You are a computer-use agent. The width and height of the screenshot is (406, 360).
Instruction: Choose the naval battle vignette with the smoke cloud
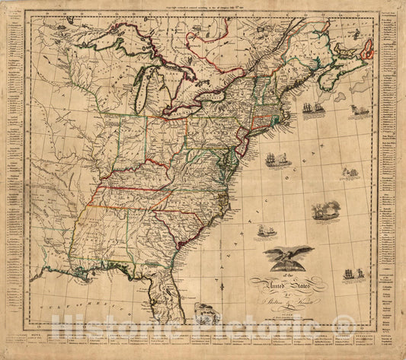click(325, 210)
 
